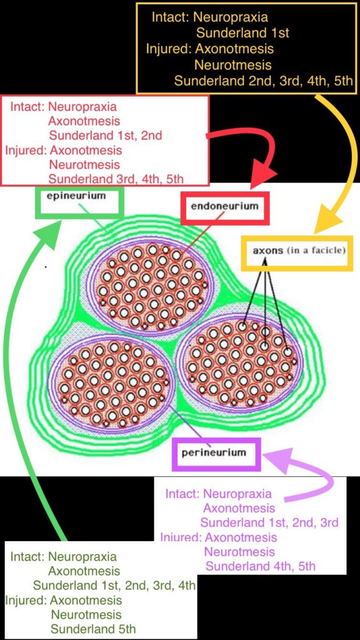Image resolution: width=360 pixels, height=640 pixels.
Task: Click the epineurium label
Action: [x=76, y=196]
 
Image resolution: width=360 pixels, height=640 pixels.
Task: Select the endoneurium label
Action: [x=224, y=206]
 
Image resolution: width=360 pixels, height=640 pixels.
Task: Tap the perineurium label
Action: [x=214, y=452]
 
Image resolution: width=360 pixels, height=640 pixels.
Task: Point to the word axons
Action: [x=267, y=250]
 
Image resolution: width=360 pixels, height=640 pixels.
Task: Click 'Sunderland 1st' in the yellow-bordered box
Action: [x=242, y=32]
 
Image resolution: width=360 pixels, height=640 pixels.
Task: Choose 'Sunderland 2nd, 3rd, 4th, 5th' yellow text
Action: [x=263, y=81]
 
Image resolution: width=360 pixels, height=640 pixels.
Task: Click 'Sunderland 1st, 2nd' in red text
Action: [x=105, y=136]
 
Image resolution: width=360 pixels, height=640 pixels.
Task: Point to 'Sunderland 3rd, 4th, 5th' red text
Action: [x=116, y=179]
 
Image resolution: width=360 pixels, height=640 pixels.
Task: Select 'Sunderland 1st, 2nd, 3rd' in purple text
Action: [x=269, y=522]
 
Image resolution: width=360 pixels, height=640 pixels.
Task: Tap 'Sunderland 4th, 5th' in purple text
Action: [x=261, y=566]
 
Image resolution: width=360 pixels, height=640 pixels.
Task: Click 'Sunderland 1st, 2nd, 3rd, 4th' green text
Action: [x=114, y=586]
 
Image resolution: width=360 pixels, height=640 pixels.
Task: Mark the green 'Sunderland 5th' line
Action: [x=93, y=629]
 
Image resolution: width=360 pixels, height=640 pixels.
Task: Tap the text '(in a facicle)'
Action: [x=316, y=250]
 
